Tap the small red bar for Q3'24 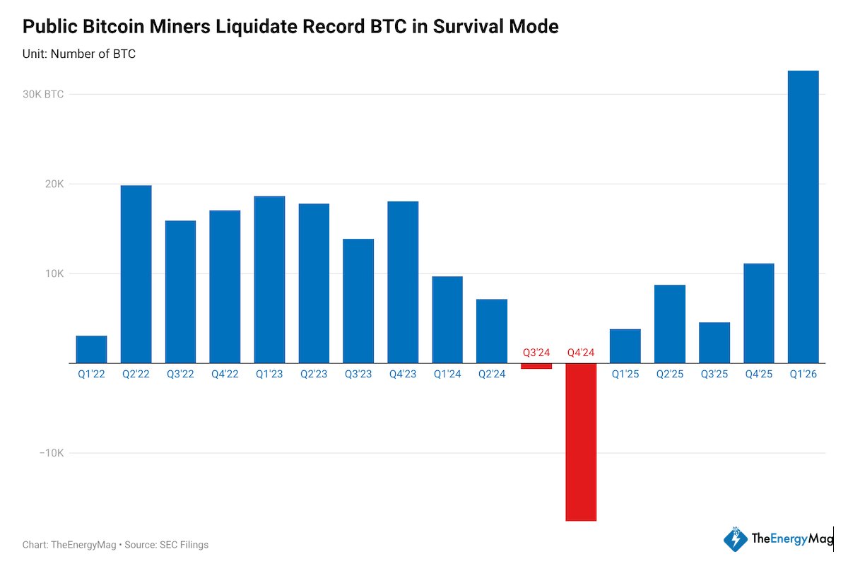coord(536,366)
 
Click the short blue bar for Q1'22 coord(91,350)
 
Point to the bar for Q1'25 coord(625,346)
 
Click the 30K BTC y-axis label coord(43,95)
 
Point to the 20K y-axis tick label coord(54,184)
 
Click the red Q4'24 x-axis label coord(581,352)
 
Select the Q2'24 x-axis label coord(492,375)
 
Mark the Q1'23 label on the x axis coord(269,375)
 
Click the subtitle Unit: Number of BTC coord(79,54)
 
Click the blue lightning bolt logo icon coord(735,539)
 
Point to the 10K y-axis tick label coord(54,274)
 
